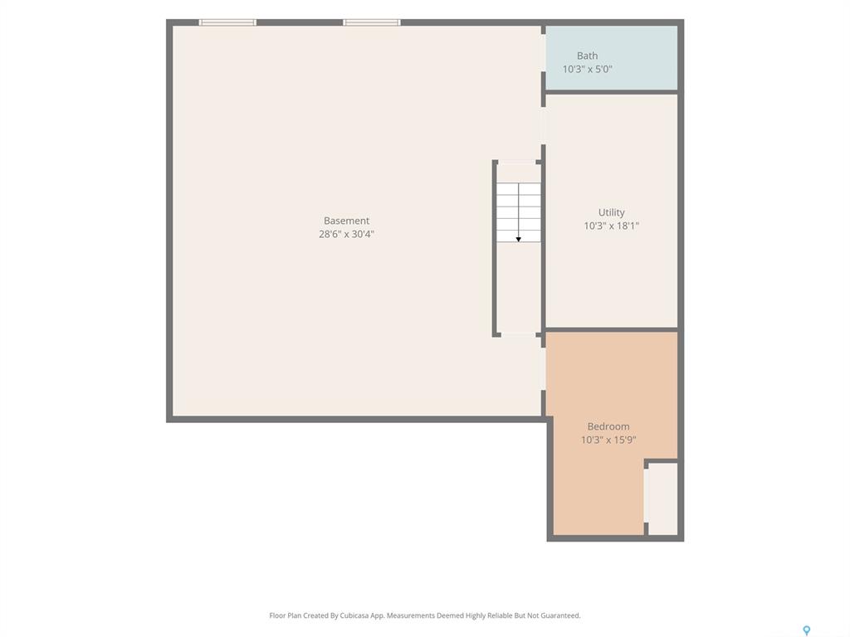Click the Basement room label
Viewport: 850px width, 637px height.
[x=346, y=221]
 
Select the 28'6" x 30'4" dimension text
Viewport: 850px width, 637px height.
[x=346, y=234]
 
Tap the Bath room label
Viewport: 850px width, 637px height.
[x=587, y=56]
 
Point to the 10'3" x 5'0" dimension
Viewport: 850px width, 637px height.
[x=587, y=70]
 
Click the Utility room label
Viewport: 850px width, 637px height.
[x=612, y=212]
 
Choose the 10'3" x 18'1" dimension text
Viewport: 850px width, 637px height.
[x=612, y=226]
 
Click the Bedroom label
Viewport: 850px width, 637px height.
[x=608, y=426]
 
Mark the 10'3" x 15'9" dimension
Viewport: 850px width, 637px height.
[x=608, y=440]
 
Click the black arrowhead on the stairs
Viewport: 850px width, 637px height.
[x=518, y=240]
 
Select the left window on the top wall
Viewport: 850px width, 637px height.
[x=227, y=22]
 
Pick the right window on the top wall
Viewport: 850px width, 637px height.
[x=372, y=22]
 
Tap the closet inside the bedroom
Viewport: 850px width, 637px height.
[x=662, y=498]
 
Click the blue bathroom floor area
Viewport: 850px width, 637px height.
[x=612, y=57]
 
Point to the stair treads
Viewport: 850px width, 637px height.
[x=519, y=212]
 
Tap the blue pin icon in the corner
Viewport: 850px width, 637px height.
[x=807, y=630]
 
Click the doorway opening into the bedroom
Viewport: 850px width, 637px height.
[x=543, y=368]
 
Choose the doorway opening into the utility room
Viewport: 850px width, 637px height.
[x=543, y=126]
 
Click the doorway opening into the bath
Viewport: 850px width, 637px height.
[x=543, y=53]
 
